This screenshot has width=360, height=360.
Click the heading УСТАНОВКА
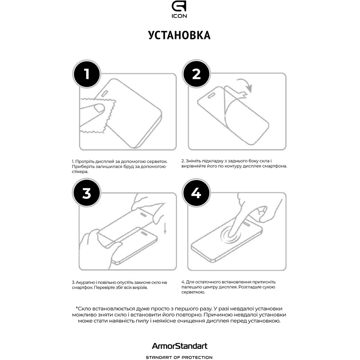179,35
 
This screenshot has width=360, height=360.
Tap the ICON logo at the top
179,9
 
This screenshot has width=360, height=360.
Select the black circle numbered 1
86,74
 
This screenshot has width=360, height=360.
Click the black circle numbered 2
196,74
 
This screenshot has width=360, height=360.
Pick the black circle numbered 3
86,193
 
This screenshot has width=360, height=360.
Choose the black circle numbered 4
196,193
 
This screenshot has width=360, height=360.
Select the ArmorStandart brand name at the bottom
179,346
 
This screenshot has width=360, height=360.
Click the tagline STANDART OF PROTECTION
179,357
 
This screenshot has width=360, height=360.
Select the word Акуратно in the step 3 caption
87,283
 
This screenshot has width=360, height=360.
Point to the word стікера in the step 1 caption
80,172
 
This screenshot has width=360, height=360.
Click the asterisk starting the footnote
77,308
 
